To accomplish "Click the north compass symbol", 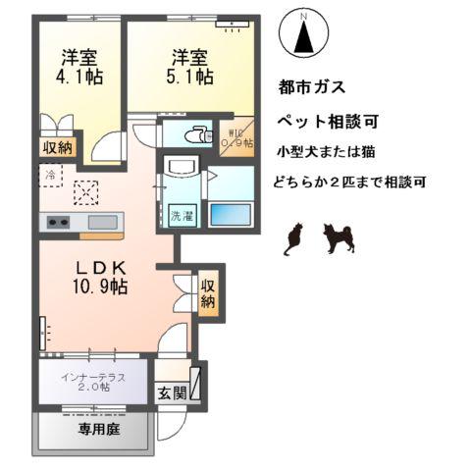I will coord(303,36).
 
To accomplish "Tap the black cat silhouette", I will coord(292,240).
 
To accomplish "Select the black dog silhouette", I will coord(338,238).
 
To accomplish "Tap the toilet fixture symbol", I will coord(199,134).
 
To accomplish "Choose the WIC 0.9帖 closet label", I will coord(240,137).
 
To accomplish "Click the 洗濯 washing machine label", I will coord(182,215).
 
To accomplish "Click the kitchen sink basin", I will coord(100,221).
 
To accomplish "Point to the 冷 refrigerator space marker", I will coord(50,174).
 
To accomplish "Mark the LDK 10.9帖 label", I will coord(95,278).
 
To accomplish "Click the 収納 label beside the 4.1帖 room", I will coord(57,147).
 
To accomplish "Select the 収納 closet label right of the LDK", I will coord(208,293).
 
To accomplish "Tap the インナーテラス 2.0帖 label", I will coord(94,381).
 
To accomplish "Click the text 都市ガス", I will coord(312,86).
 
